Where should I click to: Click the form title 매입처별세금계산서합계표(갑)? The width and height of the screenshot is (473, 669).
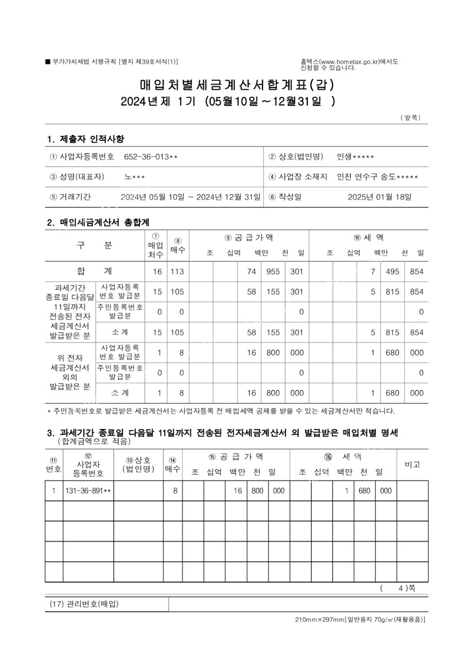237,85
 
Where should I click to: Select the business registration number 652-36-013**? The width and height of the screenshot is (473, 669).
151,157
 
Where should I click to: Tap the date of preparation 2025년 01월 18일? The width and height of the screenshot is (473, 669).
380,197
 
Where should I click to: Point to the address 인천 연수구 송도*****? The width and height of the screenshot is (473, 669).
378,177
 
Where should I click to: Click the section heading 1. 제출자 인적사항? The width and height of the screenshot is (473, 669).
86,139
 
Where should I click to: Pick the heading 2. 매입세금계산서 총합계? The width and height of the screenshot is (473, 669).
98,223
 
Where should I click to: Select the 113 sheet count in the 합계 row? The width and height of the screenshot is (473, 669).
177,272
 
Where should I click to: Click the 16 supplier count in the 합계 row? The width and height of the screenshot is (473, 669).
157,272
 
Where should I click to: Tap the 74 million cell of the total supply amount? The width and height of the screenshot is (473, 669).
251,272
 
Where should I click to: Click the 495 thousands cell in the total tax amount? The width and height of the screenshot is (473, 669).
392,272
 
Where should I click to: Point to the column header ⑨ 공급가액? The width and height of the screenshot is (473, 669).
249,238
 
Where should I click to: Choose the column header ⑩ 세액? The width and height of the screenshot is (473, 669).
368,238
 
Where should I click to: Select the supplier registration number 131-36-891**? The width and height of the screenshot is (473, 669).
88,491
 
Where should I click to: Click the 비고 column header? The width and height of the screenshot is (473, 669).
412,465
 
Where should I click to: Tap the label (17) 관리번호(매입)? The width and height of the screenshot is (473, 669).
84,604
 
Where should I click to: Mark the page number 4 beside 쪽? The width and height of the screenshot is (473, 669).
401,588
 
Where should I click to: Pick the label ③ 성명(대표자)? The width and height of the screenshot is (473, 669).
77,177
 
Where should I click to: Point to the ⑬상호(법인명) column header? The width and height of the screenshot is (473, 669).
138,465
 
